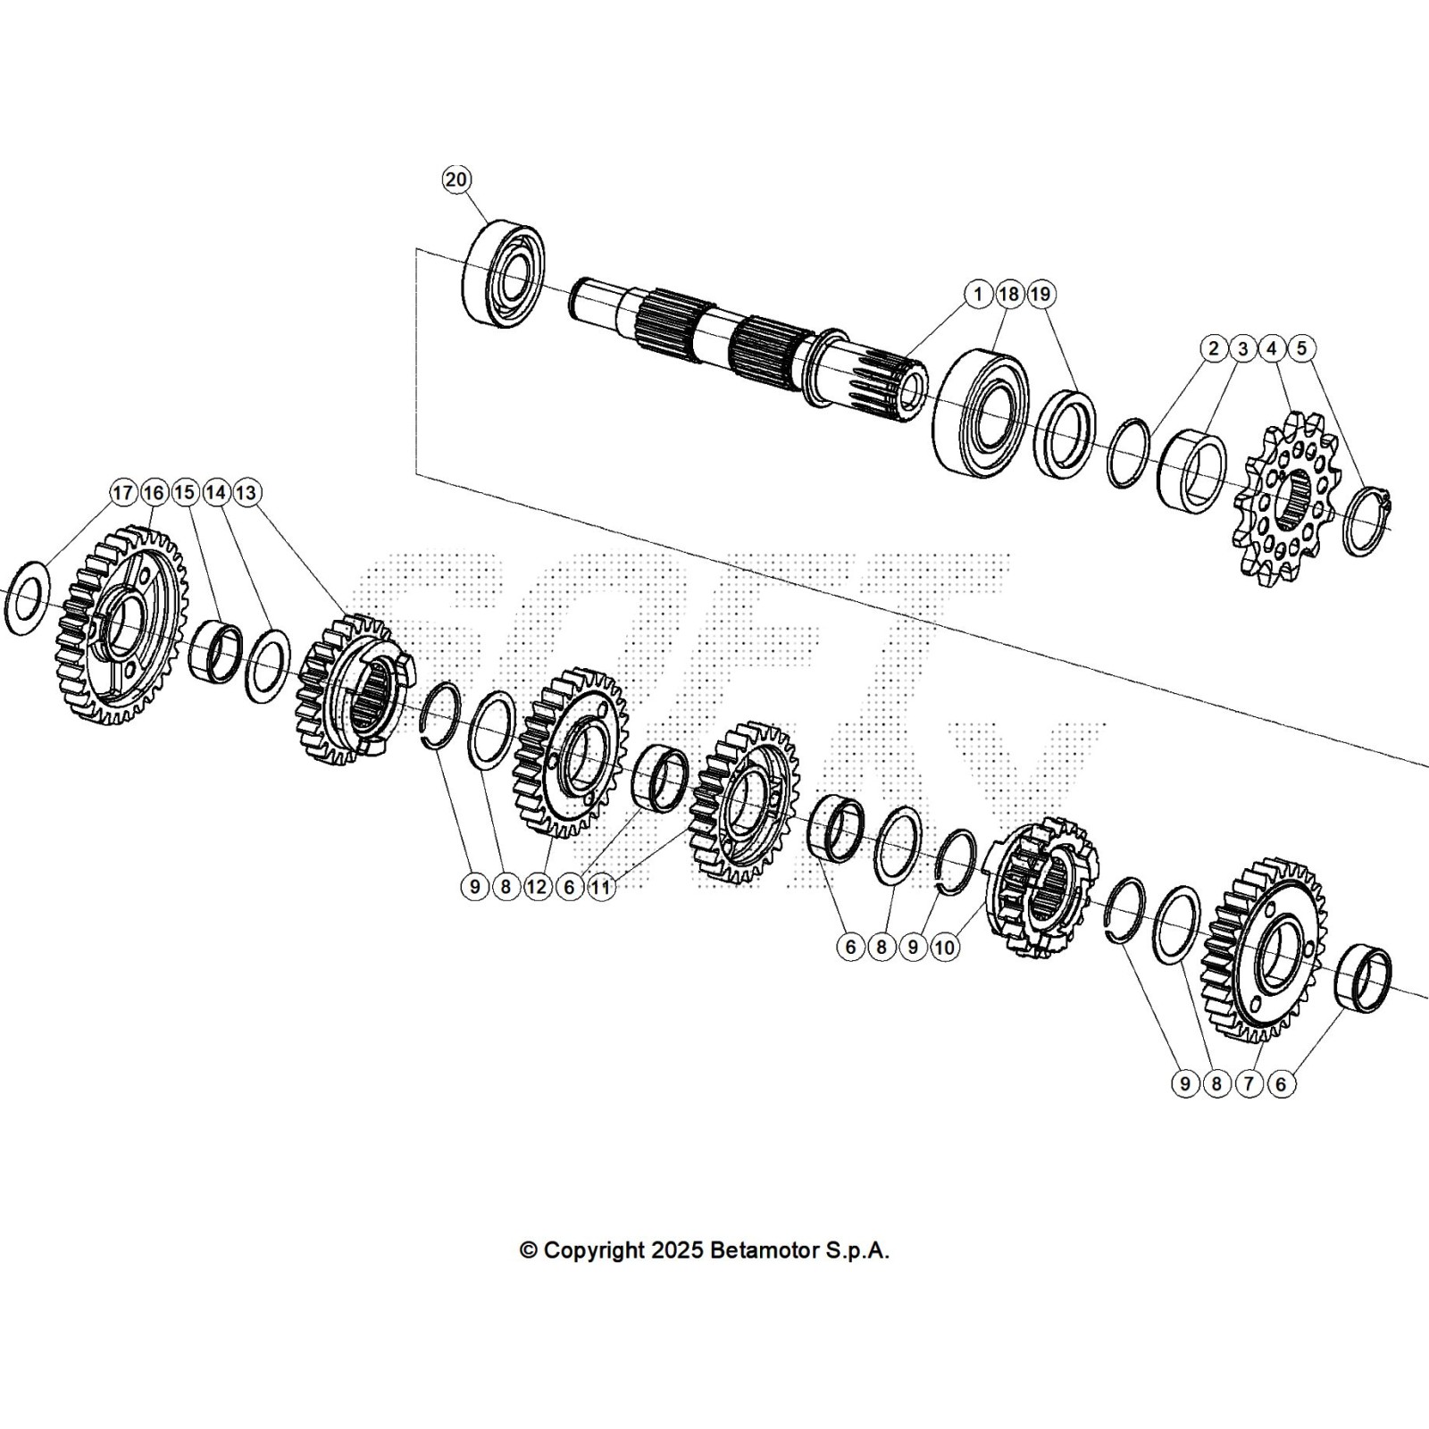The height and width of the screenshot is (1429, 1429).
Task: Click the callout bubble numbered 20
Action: pos(455,180)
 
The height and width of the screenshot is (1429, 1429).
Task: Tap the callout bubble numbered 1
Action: pos(978,294)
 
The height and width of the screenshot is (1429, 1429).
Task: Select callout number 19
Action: pos(1040,294)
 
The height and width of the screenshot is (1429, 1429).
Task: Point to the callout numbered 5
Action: pos(1301,347)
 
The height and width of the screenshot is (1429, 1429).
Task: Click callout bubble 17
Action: pos(122,492)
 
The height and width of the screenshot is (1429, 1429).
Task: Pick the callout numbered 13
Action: pos(247,492)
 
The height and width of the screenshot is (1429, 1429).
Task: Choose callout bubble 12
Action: pos(537,887)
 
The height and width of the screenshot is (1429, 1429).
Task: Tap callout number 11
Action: pos(601,887)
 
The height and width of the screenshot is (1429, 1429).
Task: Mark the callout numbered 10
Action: pos(944,948)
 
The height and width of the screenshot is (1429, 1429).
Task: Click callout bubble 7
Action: pos(1249,1084)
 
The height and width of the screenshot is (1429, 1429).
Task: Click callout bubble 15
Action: pos(185,492)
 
